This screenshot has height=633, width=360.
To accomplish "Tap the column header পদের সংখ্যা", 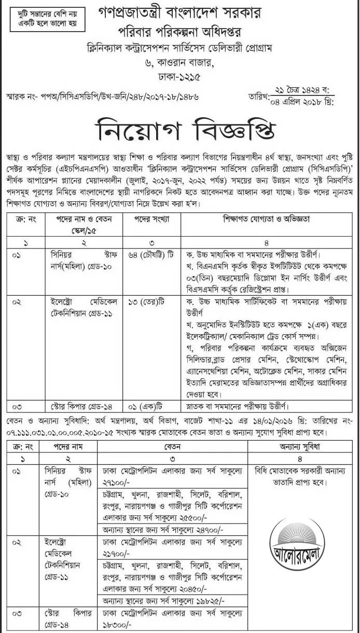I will pyautogui.click(x=152, y=219).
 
